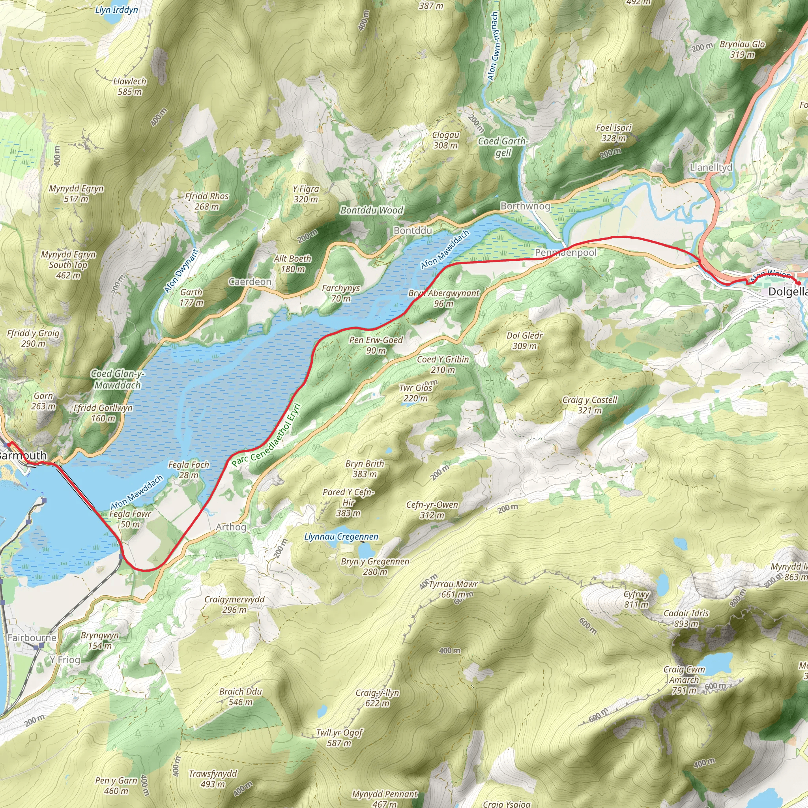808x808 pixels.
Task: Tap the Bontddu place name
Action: click(412, 230)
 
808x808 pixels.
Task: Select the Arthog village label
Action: click(231, 527)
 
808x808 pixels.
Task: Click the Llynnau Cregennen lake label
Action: click(341, 537)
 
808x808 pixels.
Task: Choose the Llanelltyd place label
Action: click(711, 168)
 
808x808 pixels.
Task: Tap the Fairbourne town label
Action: click(32, 638)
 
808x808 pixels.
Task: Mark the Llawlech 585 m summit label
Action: click(130, 86)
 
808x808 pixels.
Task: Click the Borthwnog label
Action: click(525, 206)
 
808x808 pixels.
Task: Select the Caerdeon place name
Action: click(250, 282)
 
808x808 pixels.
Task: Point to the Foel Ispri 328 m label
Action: click(613, 133)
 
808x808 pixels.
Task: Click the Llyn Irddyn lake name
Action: click(116, 9)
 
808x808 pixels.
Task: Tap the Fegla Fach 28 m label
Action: click(189, 469)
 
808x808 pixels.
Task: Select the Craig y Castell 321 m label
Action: click(590, 405)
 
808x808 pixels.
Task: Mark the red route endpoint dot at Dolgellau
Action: click(799, 284)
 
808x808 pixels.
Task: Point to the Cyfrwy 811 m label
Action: click(636, 599)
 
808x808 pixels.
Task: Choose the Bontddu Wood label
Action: click(371, 210)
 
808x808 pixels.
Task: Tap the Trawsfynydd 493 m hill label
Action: click(213, 779)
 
